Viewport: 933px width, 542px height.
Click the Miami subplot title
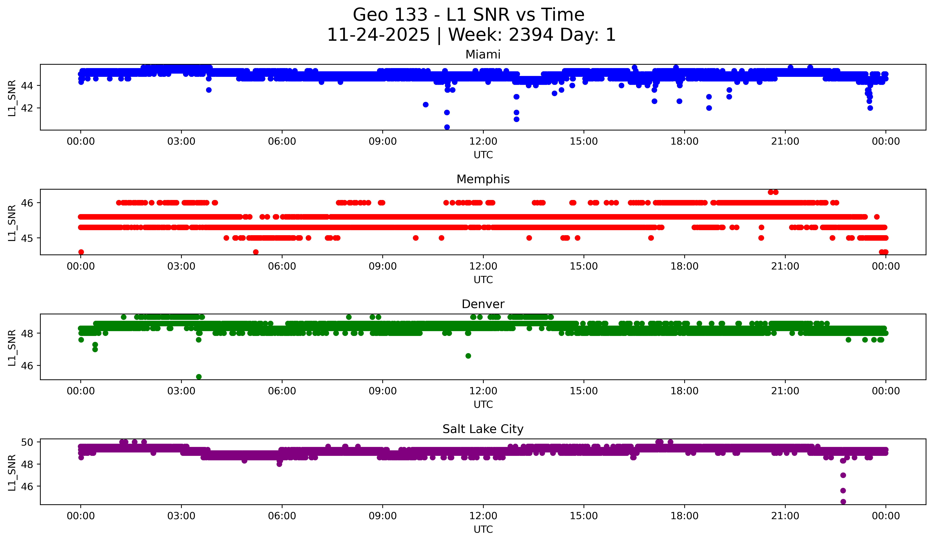pos(483,55)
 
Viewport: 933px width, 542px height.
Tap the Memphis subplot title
pos(483,179)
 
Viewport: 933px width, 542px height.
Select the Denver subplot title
pos(483,304)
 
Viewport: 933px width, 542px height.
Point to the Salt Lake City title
pos(483,429)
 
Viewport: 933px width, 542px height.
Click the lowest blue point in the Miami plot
pos(447,127)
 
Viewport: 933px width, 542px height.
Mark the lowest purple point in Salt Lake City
pos(843,502)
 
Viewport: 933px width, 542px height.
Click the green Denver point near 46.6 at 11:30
pos(468,356)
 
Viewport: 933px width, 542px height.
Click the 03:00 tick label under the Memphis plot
pos(181,266)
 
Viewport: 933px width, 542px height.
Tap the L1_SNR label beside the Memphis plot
pos(12,223)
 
